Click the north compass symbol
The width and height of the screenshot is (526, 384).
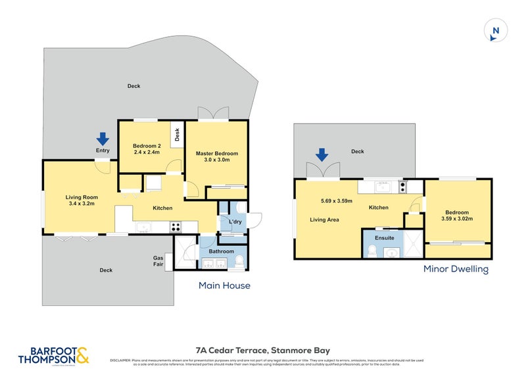496,30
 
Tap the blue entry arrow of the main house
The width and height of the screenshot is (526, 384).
103,139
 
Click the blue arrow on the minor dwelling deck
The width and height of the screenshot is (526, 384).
322,155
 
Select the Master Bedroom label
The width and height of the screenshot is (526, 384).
217,156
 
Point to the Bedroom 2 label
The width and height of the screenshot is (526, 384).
147,149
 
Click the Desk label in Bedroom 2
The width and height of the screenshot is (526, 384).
178,135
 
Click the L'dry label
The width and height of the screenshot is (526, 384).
235,222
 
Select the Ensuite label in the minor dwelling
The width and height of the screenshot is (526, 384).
385,237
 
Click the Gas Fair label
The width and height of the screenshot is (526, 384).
158,261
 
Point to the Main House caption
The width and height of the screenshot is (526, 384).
224,285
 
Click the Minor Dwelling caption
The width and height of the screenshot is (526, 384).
456,269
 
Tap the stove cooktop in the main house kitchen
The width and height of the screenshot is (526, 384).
176,228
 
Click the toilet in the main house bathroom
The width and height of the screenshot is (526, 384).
239,260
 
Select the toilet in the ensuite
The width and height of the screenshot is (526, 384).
372,250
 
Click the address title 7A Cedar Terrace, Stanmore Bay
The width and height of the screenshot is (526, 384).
262,350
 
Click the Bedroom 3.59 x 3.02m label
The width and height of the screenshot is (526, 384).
457,216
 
